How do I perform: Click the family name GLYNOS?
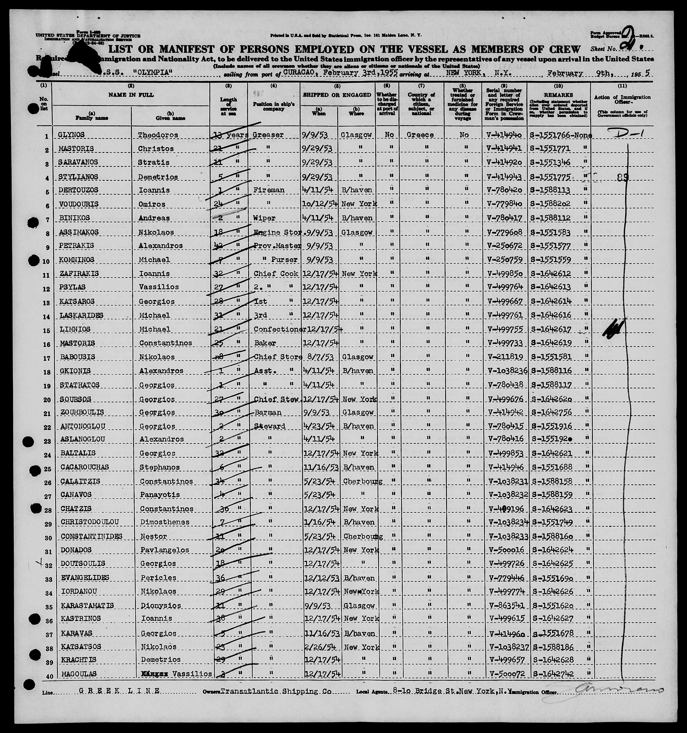(x=72, y=135)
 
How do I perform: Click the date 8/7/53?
(x=316, y=357)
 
